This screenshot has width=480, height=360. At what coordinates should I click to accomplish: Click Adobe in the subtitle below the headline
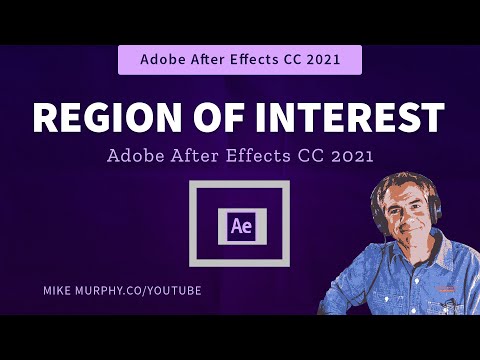(x=135, y=157)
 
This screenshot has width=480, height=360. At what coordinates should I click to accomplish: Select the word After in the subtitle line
(x=201, y=157)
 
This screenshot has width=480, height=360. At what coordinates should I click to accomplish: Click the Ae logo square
(x=239, y=224)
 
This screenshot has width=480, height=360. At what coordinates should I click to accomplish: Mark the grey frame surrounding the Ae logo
(x=239, y=188)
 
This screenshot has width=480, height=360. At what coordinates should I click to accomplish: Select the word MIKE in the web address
(x=57, y=289)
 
